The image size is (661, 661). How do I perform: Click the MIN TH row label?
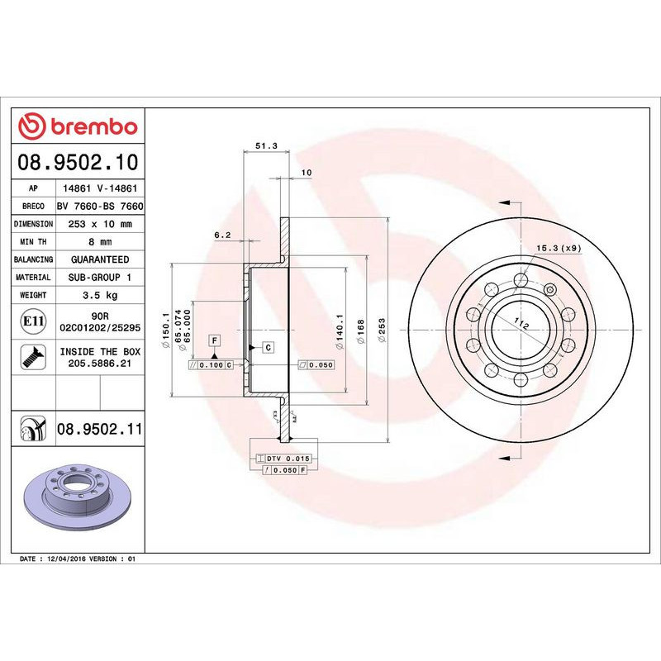pyautogui.click(x=34, y=242)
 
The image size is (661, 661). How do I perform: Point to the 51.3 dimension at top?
pyautogui.click(x=265, y=145)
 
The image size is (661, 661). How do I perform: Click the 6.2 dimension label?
pyautogui.click(x=221, y=235)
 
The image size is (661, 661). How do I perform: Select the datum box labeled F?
pyautogui.click(x=214, y=340)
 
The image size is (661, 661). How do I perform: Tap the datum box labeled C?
pyautogui.click(x=268, y=348)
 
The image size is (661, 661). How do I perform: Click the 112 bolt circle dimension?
pyautogui.click(x=521, y=324)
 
